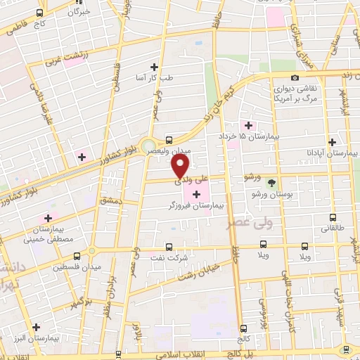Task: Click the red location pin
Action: point(181,166)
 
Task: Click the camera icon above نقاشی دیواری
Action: point(295,77)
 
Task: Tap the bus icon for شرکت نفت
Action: point(168,247)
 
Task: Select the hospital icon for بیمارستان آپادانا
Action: point(332,141)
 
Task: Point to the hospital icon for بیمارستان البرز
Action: point(37,326)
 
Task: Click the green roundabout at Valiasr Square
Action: point(148,148)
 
